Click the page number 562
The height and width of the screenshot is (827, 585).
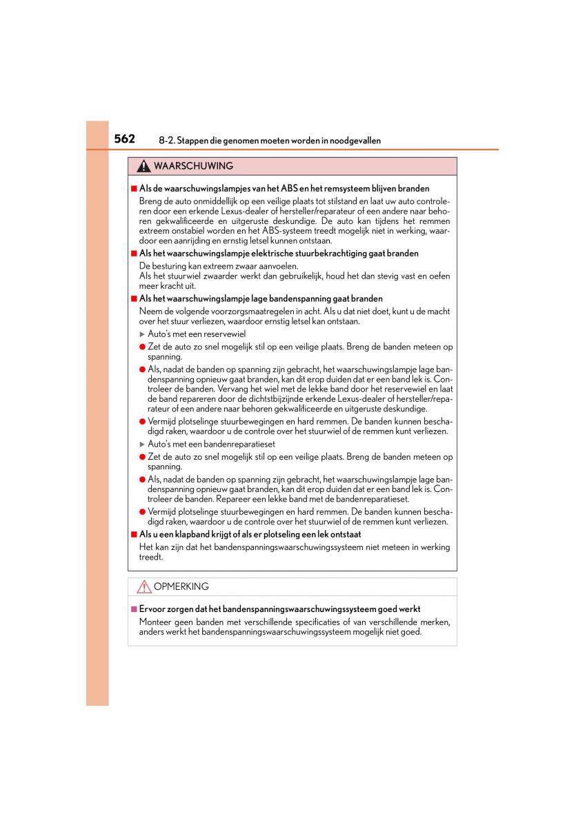click(x=124, y=139)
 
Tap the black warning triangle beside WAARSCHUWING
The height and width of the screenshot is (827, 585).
click(x=143, y=167)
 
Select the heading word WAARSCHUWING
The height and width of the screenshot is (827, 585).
click(x=193, y=166)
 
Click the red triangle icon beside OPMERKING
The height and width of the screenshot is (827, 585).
click(x=143, y=587)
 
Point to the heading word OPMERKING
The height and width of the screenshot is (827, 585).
click(x=181, y=586)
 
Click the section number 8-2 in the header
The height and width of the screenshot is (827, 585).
click(x=166, y=141)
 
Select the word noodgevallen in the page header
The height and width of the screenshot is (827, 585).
click(x=356, y=141)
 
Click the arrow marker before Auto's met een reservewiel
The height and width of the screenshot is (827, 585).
click(x=142, y=334)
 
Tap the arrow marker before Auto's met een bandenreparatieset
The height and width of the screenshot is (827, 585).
click(x=142, y=445)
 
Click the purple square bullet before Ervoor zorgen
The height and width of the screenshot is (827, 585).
click(x=134, y=609)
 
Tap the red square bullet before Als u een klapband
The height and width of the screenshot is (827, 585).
click(x=134, y=534)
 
